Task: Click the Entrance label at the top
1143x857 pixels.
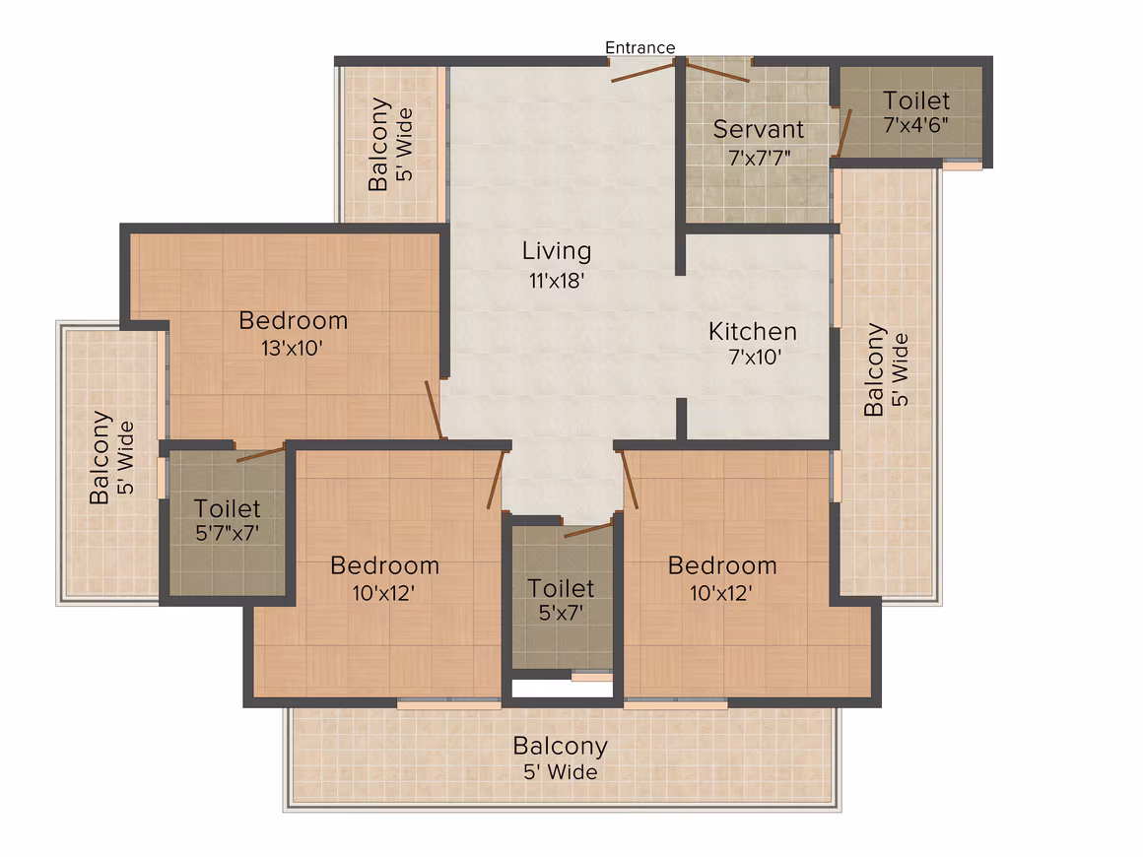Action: [x=640, y=47]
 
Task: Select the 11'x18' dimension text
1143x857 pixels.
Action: [x=557, y=281]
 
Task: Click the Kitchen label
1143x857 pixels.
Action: [x=752, y=332]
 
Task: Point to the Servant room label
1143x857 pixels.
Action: [x=758, y=129]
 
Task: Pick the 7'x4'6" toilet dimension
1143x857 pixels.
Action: [x=916, y=125]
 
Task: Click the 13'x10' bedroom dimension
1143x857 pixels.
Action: [x=292, y=349]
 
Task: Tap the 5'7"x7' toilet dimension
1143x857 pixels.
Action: [x=227, y=534]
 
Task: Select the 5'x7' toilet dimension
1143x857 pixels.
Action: [x=561, y=614]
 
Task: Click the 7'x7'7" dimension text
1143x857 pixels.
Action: [x=760, y=158]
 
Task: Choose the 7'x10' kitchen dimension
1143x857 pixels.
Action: [x=755, y=357]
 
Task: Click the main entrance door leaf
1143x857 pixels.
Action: [x=642, y=72]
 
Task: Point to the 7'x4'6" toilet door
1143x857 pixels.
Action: [x=843, y=133]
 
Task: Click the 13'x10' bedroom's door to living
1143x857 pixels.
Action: [x=435, y=410]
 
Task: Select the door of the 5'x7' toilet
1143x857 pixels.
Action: [x=588, y=530]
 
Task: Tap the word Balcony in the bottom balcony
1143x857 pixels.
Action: [x=560, y=746]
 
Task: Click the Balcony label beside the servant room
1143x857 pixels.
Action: [x=874, y=370]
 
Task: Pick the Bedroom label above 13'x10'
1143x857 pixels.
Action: [x=293, y=321]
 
